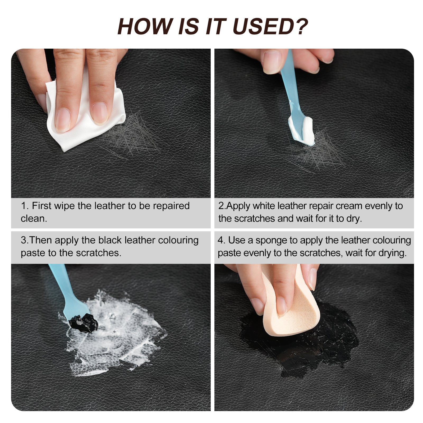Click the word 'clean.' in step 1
[x=34, y=219]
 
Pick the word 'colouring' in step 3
[x=178, y=240]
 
